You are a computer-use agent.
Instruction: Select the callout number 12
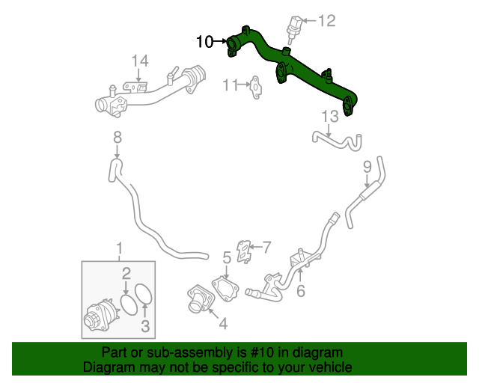pyautogui.click(x=327, y=21)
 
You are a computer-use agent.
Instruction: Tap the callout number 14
pyautogui.click(x=141, y=61)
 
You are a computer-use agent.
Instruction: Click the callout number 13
pyautogui.click(x=330, y=116)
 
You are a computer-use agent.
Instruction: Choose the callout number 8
pyautogui.click(x=117, y=137)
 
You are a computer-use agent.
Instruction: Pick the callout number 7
pyautogui.click(x=266, y=246)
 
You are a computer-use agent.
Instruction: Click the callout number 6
pyautogui.click(x=300, y=291)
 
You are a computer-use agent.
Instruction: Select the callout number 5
pyautogui.click(x=226, y=259)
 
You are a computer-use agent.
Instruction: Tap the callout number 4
pyautogui.click(x=222, y=324)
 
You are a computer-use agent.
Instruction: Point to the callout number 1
pyautogui.click(x=118, y=248)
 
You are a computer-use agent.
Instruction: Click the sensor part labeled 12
pyautogui.click(x=293, y=27)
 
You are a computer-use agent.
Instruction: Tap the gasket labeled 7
pyautogui.click(x=244, y=251)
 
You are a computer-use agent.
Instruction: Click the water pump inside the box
pyautogui.click(x=100, y=315)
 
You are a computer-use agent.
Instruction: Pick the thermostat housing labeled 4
pyautogui.click(x=201, y=301)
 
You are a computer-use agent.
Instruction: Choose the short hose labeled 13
pyautogui.click(x=337, y=140)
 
